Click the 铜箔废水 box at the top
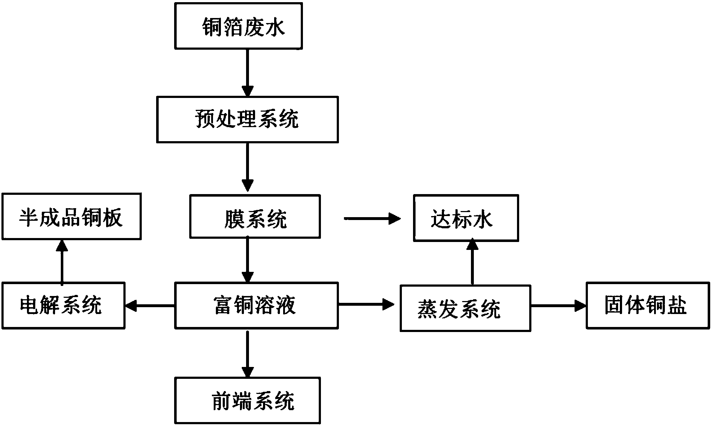pos(238,26)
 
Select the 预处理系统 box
pos(248,119)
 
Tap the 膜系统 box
pos(255,216)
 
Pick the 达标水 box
pos(466,218)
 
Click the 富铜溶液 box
pos(256,305)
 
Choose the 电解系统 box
pos(63,305)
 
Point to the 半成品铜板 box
pos(71,216)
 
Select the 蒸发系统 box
pos(465,308)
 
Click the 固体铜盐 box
pos(648,305)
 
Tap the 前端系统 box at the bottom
pos(248,400)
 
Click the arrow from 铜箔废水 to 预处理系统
pos(248,73)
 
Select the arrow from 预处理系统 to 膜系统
pos(248,167)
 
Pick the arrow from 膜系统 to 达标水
pos(372,218)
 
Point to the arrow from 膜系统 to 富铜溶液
pos(248,260)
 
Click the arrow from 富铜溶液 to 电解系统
pos(150,306)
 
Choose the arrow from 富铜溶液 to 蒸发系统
pos(366,305)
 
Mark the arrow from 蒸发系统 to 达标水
pos(472,262)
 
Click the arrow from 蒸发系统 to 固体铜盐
pos(559,306)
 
